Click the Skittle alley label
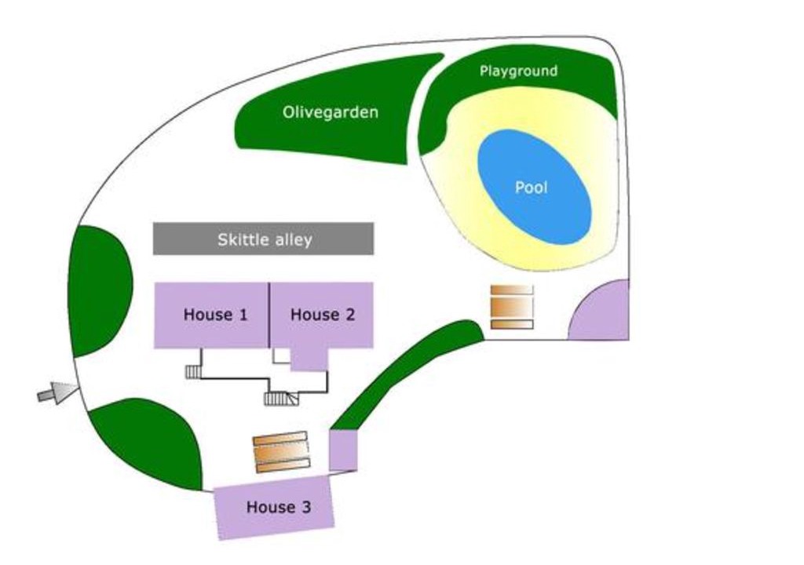coord(265,239)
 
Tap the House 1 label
coord(215,315)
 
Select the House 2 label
coord(323,315)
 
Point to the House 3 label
coord(279,507)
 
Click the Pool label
coord(532,187)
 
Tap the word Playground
coord(518,71)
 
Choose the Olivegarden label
coord(331,111)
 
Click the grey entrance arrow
coord(58,392)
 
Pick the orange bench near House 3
coord(282,452)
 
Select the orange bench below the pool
coord(512,307)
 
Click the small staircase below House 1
coord(193,372)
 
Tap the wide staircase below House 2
coord(281,399)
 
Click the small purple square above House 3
coord(343,450)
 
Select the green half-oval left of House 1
coord(99,290)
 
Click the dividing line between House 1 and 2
coord(269,315)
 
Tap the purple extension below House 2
coord(309,359)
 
